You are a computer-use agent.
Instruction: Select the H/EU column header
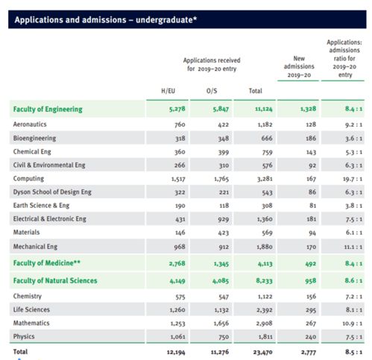pyautogui.click(x=168, y=91)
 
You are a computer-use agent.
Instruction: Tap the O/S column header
pyautogui.click(x=212, y=91)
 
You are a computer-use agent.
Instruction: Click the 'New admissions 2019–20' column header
pyautogui.click(x=299, y=66)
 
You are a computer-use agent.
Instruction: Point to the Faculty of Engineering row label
pyautogui.click(x=48, y=110)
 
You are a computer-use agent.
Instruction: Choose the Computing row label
pyautogui.click(x=28, y=179)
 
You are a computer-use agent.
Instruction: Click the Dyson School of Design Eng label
pyautogui.click(x=52, y=192)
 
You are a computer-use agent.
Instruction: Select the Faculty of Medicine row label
pyautogui.click(x=47, y=263)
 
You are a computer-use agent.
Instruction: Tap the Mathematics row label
pyautogui.click(x=31, y=323)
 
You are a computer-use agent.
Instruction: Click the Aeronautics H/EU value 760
pyautogui.click(x=180, y=124)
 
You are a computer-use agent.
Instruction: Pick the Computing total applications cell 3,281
pyautogui.click(x=265, y=179)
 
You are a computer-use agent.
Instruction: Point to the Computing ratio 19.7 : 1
pyautogui.click(x=353, y=179)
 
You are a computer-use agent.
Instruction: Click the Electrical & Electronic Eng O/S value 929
pyautogui.click(x=224, y=219)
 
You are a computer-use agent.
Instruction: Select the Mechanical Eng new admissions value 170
pyautogui.click(x=311, y=247)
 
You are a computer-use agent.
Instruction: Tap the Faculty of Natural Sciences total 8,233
pyautogui.click(x=264, y=281)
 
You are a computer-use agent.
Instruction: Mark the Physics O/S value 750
pyautogui.click(x=224, y=337)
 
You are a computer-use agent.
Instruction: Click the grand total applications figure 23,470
pyautogui.click(x=262, y=352)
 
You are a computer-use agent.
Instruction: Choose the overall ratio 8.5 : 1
pyautogui.click(x=353, y=352)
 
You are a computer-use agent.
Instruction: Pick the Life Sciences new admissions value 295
pyautogui.click(x=311, y=310)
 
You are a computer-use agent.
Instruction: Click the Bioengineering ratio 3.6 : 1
pyautogui.click(x=353, y=139)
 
